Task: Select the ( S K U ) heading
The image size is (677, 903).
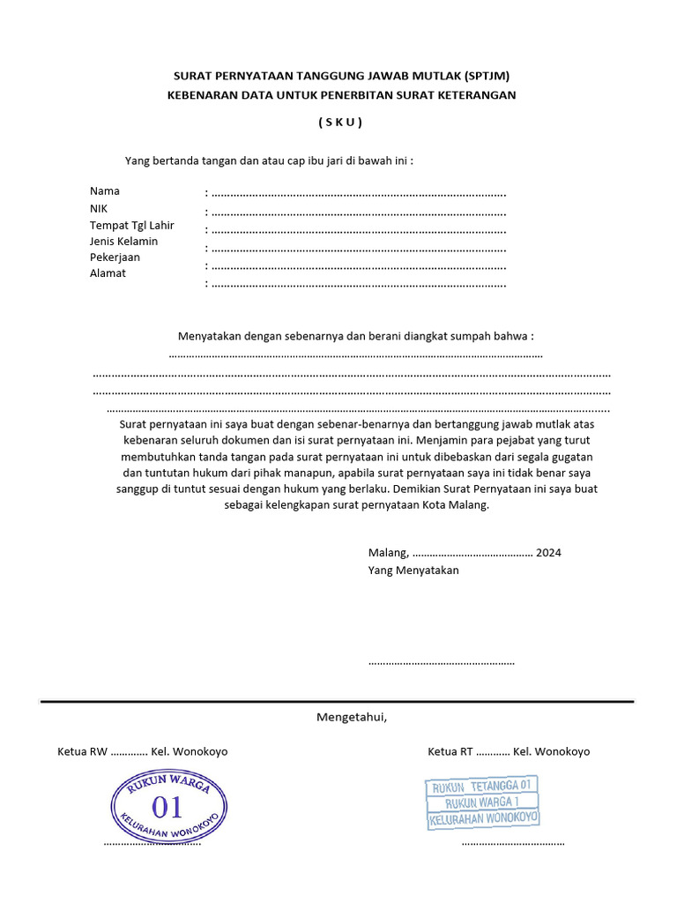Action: [340, 123]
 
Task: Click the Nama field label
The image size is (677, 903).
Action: [105, 191]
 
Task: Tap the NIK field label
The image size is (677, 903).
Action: [99, 208]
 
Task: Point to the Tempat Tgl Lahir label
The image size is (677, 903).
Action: [132, 225]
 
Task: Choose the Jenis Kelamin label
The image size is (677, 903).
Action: [124, 241]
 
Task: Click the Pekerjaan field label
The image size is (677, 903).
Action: [115, 257]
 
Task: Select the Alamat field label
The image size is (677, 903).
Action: [108, 273]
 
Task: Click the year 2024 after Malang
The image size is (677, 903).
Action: [548, 553]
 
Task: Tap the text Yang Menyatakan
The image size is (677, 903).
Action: [413, 571]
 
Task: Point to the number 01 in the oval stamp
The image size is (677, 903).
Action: [167, 806]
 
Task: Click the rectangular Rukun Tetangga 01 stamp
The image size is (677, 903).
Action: [482, 802]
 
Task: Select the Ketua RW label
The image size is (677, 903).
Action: [82, 752]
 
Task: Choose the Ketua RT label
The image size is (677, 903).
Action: [450, 752]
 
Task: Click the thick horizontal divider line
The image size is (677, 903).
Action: [338, 702]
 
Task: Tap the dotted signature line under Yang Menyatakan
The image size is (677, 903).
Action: [441, 662]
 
